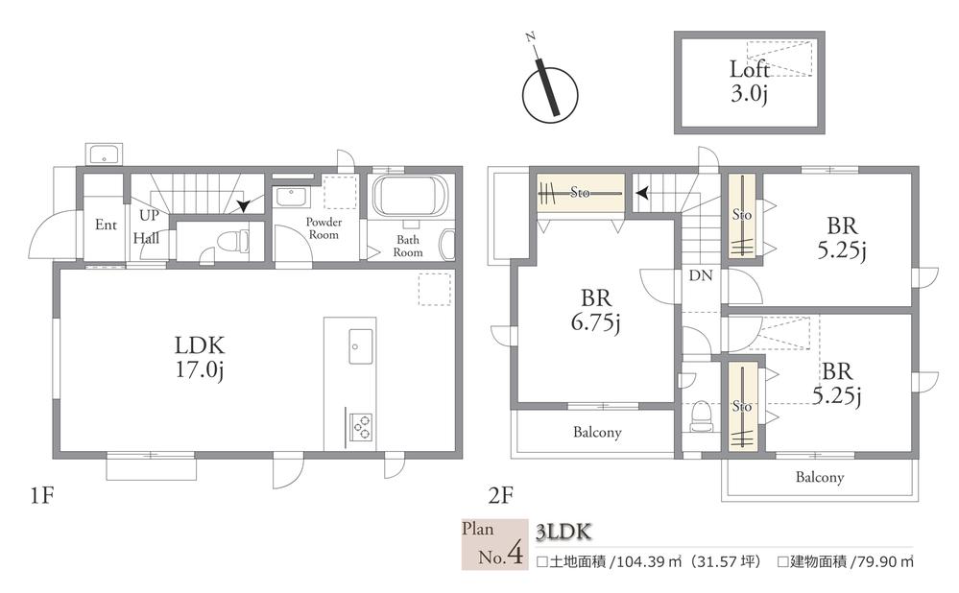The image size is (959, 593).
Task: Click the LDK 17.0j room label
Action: pyautogui.click(x=200, y=358)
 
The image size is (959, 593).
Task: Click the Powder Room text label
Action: pyautogui.click(x=324, y=228)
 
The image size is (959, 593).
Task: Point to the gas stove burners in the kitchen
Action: pyautogui.click(x=360, y=426)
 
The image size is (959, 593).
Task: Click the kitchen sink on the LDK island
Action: pyautogui.click(x=361, y=346)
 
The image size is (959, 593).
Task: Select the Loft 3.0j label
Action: pyautogui.click(x=749, y=81)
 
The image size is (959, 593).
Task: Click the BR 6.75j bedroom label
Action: pyautogui.click(x=595, y=311)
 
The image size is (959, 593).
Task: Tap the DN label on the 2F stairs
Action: pyautogui.click(x=700, y=275)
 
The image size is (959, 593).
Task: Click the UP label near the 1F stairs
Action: pyautogui.click(x=149, y=215)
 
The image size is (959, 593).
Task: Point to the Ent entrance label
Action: pyautogui.click(x=106, y=225)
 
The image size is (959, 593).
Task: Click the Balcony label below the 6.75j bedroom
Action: pyautogui.click(x=597, y=433)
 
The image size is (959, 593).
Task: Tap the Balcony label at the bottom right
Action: pyautogui.click(x=820, y=477)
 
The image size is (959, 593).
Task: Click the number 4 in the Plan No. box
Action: pyautogui.click(x=515, y=554)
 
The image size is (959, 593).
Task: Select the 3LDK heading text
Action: pyautogui.click(x=563, y=532)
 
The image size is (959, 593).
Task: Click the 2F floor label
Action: pyautogui.click(x=500, y=495)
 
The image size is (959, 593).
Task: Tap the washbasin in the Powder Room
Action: pyautogui.click(x=291, y=198)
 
